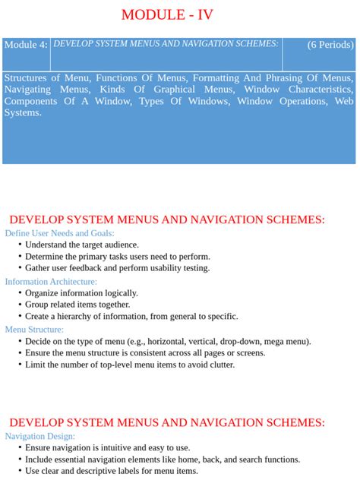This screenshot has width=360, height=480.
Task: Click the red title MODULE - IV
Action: [x=179, y=16]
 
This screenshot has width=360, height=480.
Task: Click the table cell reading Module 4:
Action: [x=26, y=45]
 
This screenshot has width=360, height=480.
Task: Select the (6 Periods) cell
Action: [x=330, y=45]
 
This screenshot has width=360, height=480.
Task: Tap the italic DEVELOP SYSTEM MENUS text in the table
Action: [x=166, y=44]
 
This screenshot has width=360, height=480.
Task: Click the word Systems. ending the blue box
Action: [x=23, y=112]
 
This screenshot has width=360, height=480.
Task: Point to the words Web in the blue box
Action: [x=343, y=101]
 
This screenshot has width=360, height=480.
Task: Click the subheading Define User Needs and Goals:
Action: [x=59, y=233]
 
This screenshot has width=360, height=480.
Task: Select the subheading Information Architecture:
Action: [x=51, y=281]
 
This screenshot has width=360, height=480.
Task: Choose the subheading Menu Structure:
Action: [x=34, y=330]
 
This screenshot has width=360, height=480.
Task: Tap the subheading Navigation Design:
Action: [x=40, y=436]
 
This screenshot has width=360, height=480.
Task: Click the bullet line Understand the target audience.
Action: [x=81, y=245]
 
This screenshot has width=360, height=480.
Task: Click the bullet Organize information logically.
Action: [x=81, y=293]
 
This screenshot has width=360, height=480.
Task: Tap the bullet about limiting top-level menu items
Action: [x=129, y=365]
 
